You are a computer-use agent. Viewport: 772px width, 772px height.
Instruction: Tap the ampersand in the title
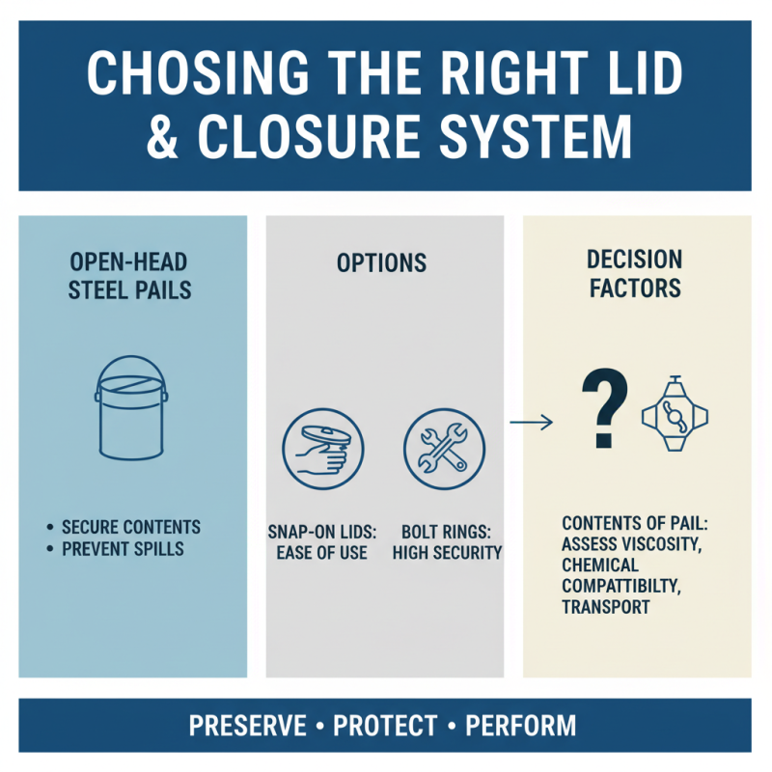[162, 136]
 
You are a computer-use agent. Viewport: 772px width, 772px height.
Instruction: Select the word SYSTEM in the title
[536, 136]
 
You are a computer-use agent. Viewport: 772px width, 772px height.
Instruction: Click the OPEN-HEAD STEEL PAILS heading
[129, 276]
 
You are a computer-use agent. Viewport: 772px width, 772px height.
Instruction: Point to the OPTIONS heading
[381, 262]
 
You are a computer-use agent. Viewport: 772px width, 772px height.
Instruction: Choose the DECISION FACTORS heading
[635, 274]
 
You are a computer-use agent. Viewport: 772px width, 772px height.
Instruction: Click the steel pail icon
[131, 407]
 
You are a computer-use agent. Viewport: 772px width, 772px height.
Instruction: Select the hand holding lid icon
[323, 449]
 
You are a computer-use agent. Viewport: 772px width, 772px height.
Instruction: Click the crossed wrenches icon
[444, 449]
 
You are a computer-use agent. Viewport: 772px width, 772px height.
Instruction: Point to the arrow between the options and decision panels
[531, 422]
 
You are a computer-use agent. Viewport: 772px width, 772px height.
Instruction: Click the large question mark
[605, 408]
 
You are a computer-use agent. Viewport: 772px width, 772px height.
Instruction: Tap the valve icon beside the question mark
[675, 414]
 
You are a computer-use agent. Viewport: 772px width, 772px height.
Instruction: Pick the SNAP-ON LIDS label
[322, 533]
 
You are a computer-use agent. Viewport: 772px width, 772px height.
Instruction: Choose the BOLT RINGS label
[446, 533]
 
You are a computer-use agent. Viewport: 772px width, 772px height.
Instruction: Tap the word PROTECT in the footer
[385, 726]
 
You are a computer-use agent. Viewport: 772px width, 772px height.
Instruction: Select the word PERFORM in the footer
[521, 726]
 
